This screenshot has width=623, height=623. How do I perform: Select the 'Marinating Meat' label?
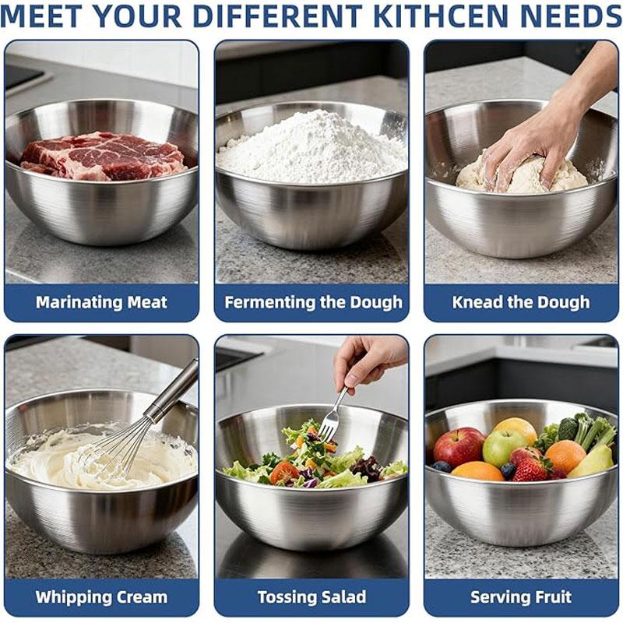101,302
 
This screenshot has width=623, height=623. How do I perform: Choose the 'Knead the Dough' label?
521,302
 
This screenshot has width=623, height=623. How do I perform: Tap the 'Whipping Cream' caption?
101,597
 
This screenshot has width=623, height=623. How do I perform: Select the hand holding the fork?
366,358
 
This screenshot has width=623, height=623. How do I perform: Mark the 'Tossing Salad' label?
311,597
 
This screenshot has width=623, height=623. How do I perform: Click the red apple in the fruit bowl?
458,446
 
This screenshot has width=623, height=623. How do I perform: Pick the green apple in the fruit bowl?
502,447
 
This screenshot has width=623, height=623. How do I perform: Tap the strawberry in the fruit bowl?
531,469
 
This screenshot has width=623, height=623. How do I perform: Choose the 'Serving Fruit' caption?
521,597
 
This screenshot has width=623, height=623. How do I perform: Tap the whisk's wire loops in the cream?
117,452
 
